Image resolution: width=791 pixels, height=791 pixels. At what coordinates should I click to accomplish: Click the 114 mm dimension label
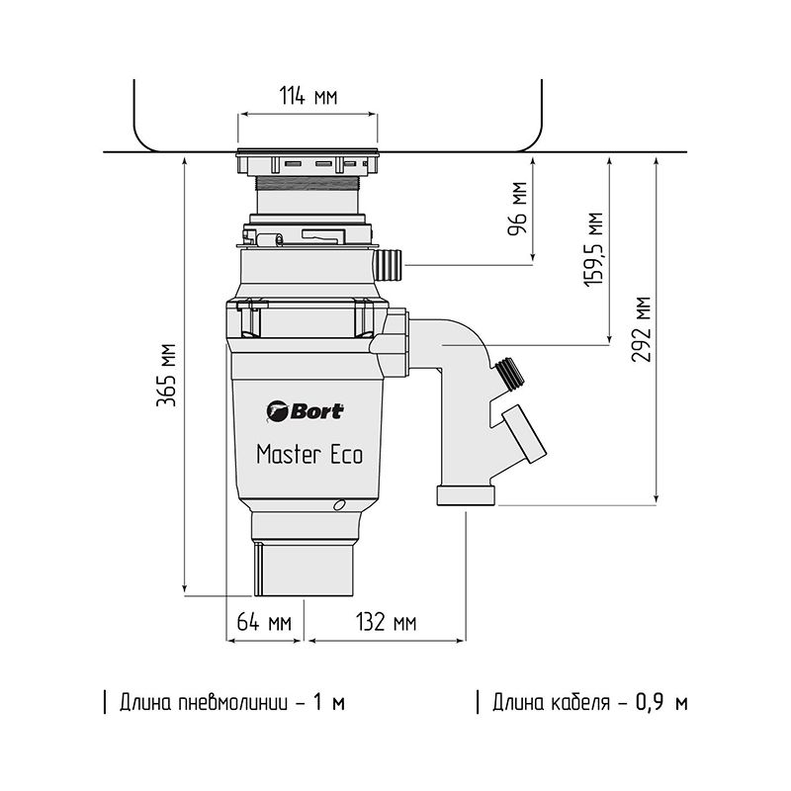307,97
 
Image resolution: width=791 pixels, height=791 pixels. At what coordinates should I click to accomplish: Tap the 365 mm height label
168,376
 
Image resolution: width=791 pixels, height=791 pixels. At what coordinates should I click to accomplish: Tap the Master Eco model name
308,455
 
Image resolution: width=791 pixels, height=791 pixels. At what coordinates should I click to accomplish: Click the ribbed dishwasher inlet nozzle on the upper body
387,264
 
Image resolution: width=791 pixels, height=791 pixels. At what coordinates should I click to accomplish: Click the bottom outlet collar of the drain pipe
466,495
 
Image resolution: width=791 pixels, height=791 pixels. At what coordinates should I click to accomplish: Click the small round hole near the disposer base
340,506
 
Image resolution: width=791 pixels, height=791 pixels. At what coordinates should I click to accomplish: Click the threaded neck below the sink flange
307,184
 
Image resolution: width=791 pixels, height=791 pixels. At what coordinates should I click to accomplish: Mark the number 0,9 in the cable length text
648,703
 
